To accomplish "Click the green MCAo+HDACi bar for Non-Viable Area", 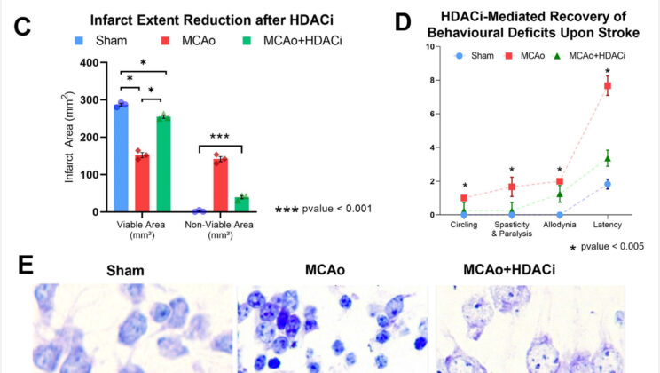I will [x=241, y=204].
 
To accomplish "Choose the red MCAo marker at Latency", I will [x=609, y=85].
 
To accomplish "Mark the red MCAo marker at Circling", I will [x=464, y=198].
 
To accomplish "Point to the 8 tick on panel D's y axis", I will [x=432, y=80].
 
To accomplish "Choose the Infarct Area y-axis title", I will [x=69, y=139].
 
